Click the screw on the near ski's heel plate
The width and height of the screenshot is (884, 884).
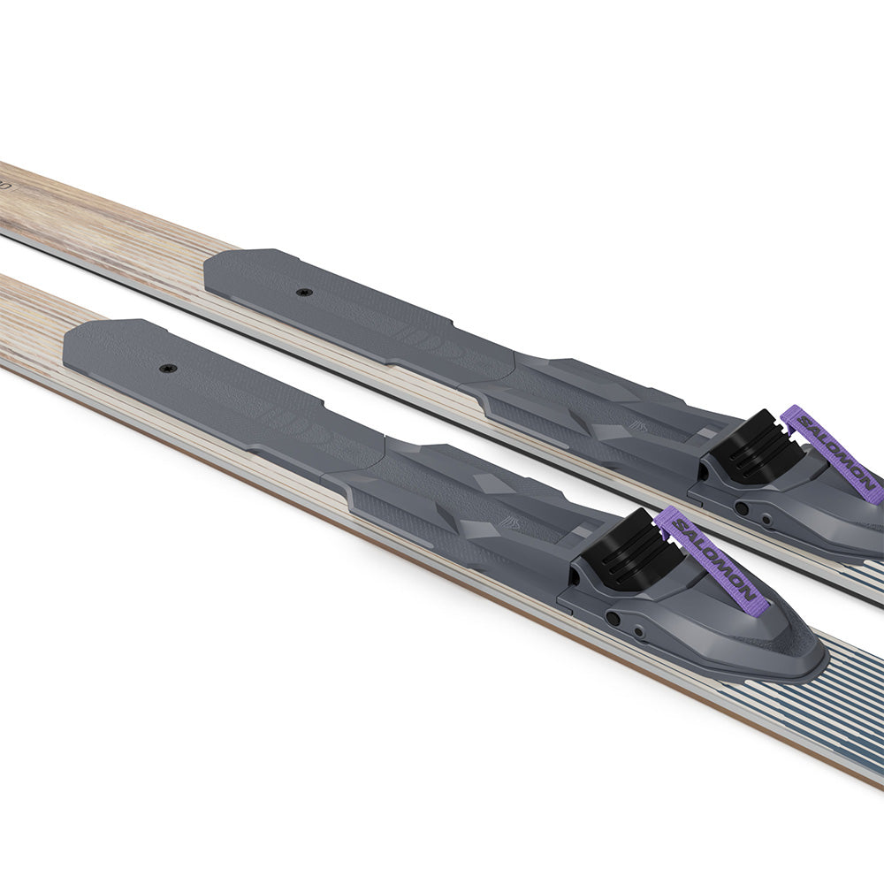point(168,367)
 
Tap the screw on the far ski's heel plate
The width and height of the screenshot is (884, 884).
point(304,292)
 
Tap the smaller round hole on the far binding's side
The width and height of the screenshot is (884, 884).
point(766,520)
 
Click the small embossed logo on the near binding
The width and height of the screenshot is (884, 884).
point(511,522)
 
